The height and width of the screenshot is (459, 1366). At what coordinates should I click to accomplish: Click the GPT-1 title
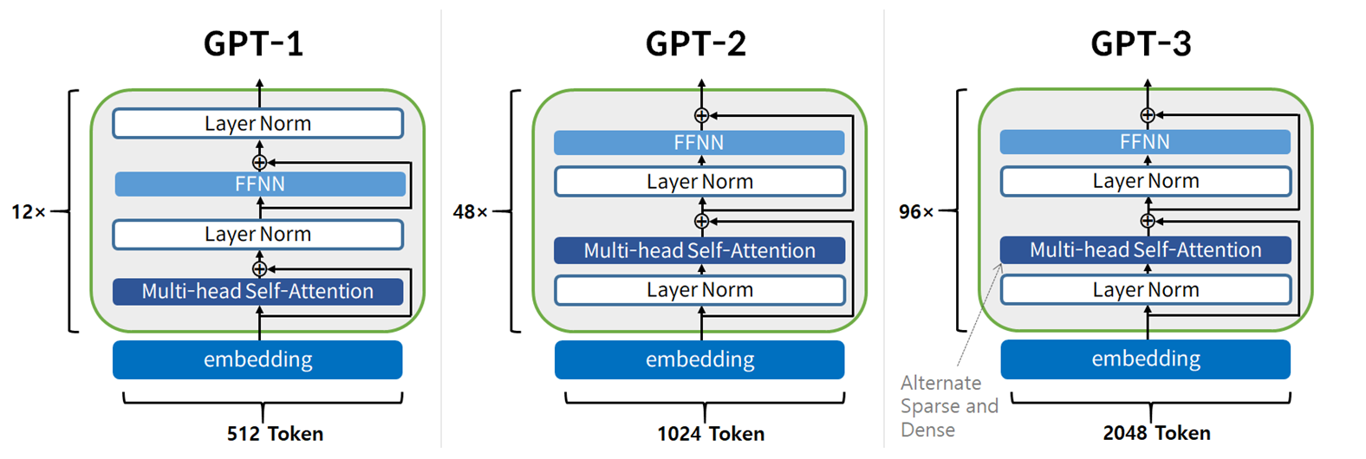tap(253, 43)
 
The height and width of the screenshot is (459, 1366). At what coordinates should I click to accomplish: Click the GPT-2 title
tap(695, 43)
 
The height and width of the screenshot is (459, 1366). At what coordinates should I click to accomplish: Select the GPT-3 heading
tap(1141, 43)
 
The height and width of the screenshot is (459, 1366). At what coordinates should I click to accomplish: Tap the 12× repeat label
tap(28, 212)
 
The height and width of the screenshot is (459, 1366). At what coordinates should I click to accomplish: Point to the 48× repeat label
tap(471, 212)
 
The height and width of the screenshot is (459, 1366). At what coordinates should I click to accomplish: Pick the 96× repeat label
tap(916, 212)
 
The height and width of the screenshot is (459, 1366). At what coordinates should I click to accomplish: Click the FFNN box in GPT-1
tap(259, 184)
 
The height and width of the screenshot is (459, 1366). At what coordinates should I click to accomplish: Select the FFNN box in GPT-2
tap(699, 143)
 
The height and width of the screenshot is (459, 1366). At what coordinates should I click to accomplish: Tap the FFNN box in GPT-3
tap(1145, 142)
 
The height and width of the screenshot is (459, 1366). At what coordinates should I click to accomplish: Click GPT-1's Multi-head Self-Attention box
tap(257, 291)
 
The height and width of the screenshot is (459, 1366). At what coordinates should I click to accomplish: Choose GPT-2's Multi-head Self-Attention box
tap(699, 250)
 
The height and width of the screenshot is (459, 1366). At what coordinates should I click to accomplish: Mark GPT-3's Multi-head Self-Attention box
tap(1145, 249)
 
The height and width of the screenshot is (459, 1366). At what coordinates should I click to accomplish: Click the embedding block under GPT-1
tap(257, 359)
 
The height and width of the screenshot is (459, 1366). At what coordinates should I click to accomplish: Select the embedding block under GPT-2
tap(699, 359)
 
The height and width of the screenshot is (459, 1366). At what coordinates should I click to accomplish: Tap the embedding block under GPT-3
tap(1145, 359)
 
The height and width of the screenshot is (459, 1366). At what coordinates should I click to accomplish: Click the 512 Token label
tap(275, 434)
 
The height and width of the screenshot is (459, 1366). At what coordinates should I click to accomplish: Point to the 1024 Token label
tap(711, 434)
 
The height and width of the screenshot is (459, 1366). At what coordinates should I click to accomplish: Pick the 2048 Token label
tap(1156, 433)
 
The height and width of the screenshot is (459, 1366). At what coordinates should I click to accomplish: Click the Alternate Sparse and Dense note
tap(948, 406)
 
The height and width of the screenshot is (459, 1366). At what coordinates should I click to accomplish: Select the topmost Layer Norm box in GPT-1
tap(257, 124)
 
